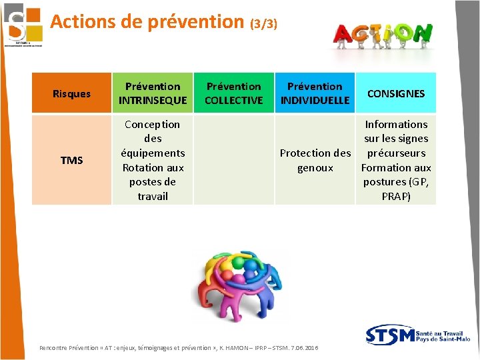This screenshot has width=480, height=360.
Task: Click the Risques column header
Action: pos(71,93)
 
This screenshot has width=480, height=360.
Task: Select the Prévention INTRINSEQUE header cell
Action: pos(153,93)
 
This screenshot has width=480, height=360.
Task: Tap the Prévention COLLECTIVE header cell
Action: pos(233,93)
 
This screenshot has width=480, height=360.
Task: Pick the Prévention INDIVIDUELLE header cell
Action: pos(315,93)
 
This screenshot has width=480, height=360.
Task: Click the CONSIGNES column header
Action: pos(396,93)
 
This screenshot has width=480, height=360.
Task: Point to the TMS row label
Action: pos(71,160)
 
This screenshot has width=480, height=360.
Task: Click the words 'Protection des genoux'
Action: pos(315,160)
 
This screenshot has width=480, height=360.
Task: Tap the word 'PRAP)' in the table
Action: pos(396,196)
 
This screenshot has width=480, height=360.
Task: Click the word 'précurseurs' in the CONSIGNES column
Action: pos(396,153)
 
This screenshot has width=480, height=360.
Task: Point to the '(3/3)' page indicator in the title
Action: pos(263,24)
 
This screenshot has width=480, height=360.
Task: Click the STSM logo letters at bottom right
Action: pos(389,335)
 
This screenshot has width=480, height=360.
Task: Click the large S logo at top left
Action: pos(21,24)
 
